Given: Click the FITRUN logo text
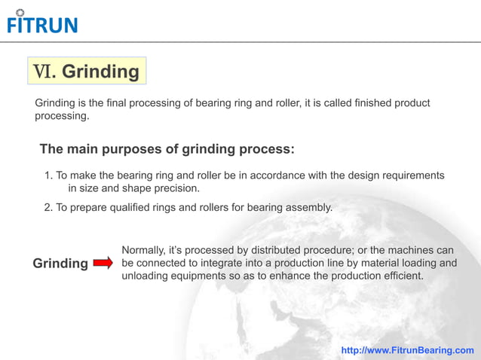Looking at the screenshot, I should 42,26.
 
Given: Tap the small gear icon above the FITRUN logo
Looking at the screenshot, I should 20,12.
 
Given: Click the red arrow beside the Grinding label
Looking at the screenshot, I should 104,263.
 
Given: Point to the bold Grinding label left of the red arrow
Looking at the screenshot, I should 60,264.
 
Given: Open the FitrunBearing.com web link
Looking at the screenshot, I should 407,350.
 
